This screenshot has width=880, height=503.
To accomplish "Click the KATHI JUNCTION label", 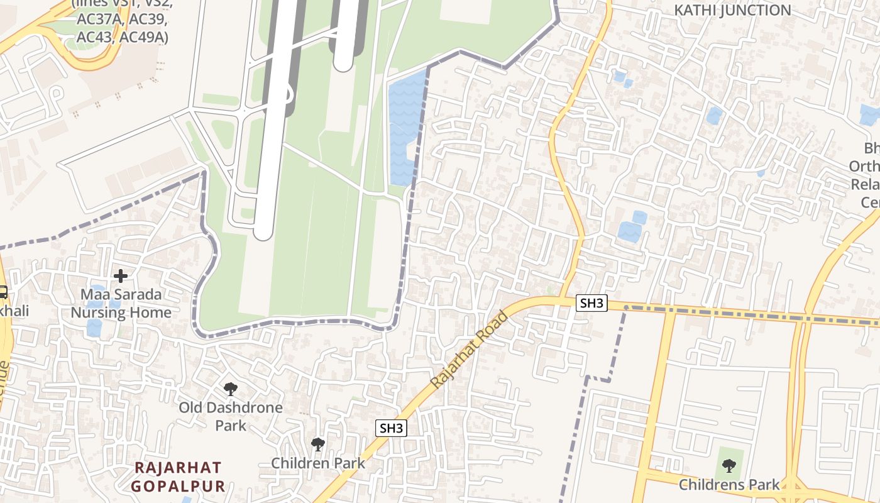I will coord(732,10).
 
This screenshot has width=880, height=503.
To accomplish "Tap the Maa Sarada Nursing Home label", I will coord(121,303).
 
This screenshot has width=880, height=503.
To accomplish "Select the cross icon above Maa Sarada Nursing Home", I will coord(121,275).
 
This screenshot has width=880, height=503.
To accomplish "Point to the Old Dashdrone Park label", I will coord(230,416).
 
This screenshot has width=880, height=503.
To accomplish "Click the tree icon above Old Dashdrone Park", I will coord(230,389).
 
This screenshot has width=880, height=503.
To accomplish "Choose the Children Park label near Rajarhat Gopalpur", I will coord(317,463).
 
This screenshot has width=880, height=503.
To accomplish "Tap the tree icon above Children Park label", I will coord(318,444).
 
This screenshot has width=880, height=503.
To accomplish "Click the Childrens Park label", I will coord(729,485).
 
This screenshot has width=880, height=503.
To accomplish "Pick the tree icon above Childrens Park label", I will coord(729,465).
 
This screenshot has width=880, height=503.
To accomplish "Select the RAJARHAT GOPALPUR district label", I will coord(178,477).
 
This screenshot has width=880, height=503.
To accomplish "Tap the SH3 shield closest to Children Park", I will coord(391,429).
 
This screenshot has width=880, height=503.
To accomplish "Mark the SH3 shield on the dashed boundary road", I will coord(591,304).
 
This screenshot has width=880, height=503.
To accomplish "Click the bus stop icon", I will coord(3,292).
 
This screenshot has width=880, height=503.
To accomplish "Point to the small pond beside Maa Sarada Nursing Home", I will coord(94,328).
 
